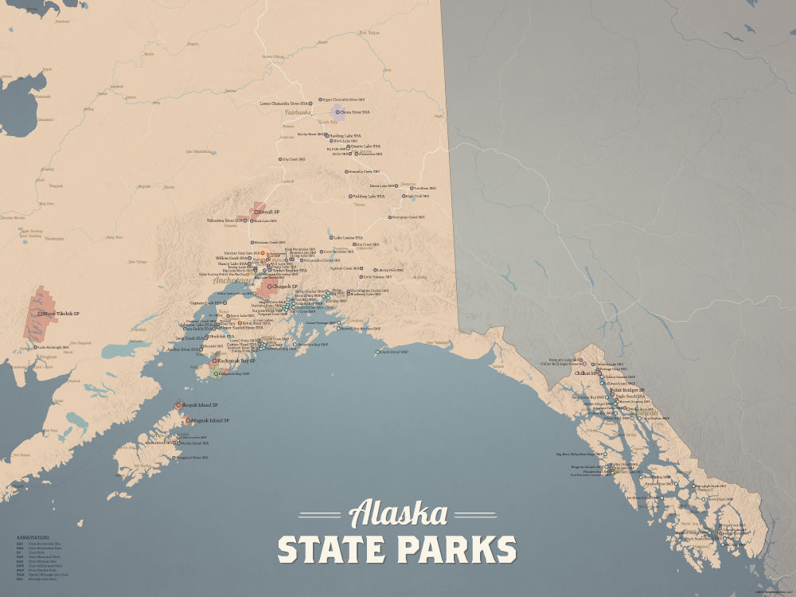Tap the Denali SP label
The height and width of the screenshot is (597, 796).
pos(270,212)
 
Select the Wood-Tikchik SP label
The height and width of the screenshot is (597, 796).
pos(62,314)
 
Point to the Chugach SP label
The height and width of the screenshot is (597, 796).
pos(285,287)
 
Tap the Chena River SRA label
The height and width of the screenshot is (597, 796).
pos(357,112)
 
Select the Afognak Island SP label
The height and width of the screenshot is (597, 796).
pos(209,420)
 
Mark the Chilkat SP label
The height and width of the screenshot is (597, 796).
pos(586,373)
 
